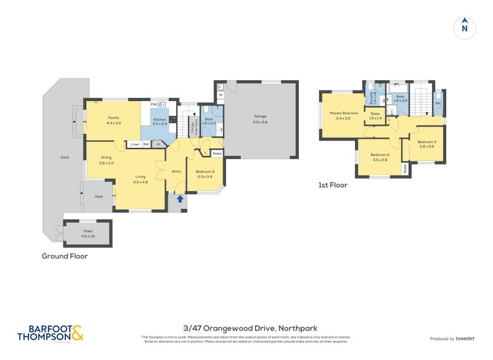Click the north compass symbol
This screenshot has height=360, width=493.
click(465, 27)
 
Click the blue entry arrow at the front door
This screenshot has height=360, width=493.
click(179, 198)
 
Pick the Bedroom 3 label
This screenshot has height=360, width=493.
click(427, 142)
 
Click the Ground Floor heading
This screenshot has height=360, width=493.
click(65, 256)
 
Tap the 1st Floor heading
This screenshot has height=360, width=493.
click(333, 185)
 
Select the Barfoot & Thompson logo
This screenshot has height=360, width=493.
click(50, 333)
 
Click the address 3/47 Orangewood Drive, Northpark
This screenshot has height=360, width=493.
click(250, 329)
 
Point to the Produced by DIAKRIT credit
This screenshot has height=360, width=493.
click(451, 338)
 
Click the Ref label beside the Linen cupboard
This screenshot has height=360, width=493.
click(146, 144)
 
